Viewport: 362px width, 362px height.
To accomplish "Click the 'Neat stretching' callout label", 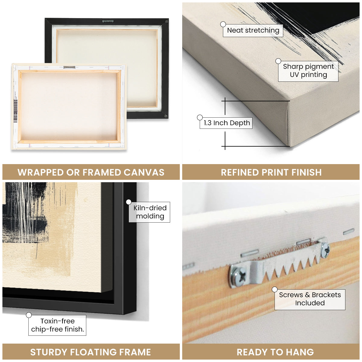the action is click(x=253, y=30).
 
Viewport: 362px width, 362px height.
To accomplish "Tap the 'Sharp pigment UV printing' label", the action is click(x=308, y=71).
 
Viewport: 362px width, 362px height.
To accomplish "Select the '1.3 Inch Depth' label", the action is click(x=226, y=123).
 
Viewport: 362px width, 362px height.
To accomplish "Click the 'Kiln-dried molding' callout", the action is click(x=150, y=212).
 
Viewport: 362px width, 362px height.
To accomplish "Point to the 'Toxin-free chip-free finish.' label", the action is click(x=57, y=325).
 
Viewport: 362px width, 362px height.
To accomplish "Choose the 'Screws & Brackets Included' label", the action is click(x=310, y=299).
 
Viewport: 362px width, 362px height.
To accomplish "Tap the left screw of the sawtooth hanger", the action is click(x=238, y=276).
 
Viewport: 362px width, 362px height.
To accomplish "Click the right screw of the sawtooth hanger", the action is click(x=325, y=250).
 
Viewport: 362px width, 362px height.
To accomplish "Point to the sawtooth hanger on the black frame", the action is click(x=108, y=21).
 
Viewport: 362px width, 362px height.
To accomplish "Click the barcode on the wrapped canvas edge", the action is click(x=16, y=111).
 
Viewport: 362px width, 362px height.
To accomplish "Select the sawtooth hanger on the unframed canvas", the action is click(x=69, y=67).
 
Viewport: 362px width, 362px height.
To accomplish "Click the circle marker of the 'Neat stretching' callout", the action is click(x=223, y=24).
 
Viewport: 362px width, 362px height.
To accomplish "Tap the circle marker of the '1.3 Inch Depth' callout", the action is click(x=200, y=118).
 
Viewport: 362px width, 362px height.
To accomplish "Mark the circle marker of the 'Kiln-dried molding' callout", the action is click(x=129, y=202).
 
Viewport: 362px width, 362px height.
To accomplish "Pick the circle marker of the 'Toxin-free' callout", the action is click(x=29, y=315).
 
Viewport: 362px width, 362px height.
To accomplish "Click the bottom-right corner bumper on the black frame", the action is click(x=166, y=116).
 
